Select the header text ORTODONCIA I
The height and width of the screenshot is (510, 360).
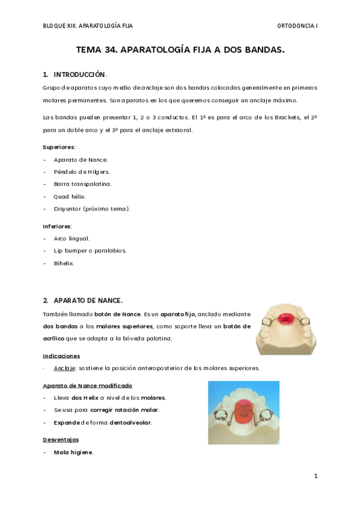[297, 26]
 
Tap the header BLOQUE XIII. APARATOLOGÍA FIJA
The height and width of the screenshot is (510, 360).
[88, 26]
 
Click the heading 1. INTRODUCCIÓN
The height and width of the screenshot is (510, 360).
[75, 75]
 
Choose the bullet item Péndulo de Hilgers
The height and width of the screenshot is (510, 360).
[81, 171]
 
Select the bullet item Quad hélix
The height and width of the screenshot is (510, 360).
[70, 196]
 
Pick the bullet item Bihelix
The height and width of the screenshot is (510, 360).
[64, 263]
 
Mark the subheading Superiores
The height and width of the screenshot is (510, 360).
[59, 147]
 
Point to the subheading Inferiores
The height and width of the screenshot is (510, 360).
[57, 226]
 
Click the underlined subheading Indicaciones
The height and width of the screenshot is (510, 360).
[61, 355]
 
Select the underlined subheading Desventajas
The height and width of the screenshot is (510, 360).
[61, 440]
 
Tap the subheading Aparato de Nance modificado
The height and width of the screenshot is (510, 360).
[88, 386]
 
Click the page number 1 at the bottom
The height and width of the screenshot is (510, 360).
[316, 476]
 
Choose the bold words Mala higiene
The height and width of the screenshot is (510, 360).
[73, 452]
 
